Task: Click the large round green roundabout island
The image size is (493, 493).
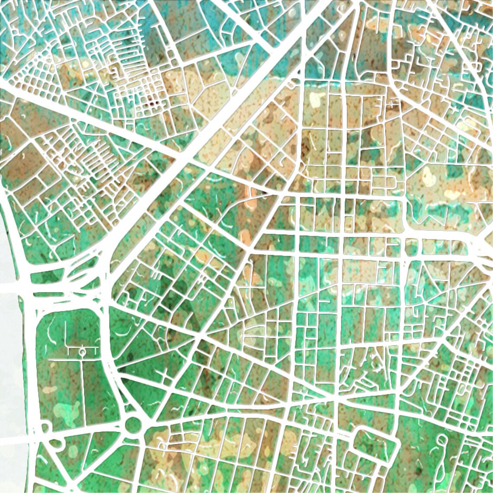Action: point(133,425)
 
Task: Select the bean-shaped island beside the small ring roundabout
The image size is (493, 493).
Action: point(56,443)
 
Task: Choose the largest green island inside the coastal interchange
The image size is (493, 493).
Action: point(50,277)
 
